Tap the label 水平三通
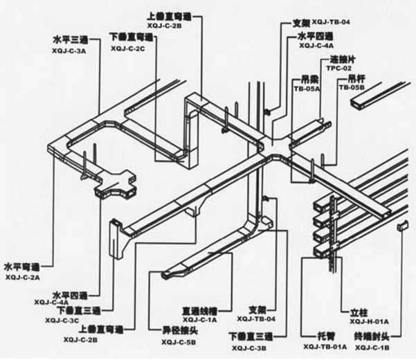coord(71,40)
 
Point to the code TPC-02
coord(339,69)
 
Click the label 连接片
coord(342,60)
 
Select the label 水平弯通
coord(21,266)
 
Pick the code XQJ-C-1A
coord(200,321)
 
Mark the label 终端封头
coord(372,335)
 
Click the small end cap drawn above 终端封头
coord(400,226)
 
